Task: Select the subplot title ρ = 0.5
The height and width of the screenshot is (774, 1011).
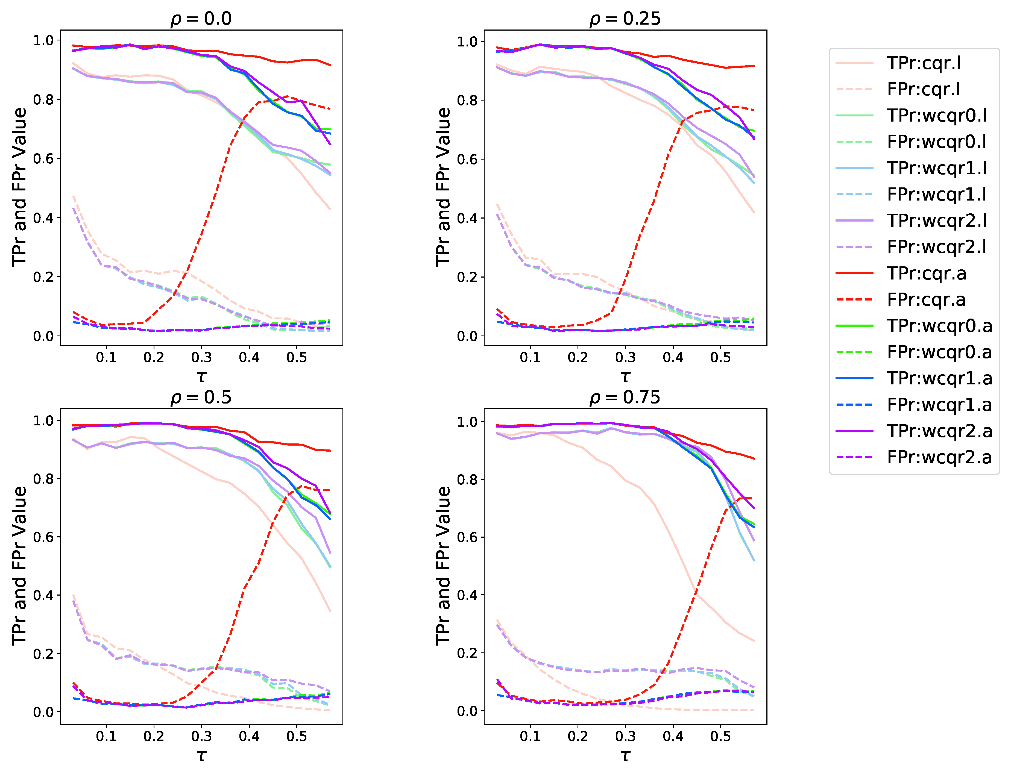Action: (x=201, y=397)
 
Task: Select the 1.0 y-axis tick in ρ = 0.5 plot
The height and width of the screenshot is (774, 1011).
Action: (x=43, y=421)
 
